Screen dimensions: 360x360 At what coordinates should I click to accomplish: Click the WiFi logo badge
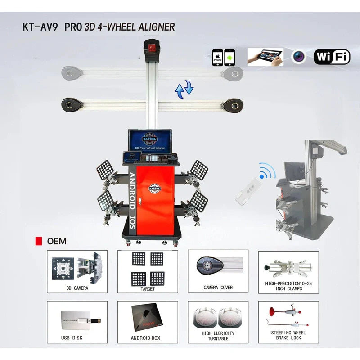point(332,57)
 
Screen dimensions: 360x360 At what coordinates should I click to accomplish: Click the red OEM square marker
point(39,241)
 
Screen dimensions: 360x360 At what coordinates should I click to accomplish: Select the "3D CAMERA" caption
point(77,288)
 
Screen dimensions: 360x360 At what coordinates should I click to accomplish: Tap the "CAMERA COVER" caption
point(218,288)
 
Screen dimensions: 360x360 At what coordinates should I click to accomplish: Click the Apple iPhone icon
point(218,58)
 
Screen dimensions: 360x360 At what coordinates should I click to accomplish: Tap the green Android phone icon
point(230,58)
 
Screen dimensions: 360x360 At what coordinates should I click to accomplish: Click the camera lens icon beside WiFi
point(298,57)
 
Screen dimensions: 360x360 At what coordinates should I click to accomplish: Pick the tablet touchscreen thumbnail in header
point(265,57)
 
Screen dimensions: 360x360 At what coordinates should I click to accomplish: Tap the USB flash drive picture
point(80,320)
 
